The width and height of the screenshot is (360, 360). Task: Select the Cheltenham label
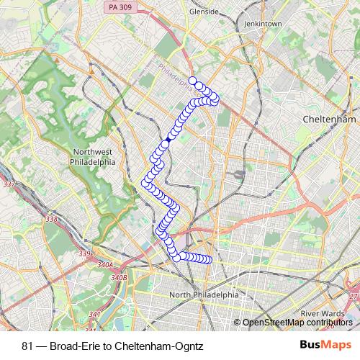[x=330, y=119]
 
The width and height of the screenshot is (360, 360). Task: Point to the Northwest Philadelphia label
[x=95, y=157]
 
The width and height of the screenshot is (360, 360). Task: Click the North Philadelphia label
[x=203, y=295]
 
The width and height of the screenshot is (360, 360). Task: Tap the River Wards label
[x=322, y=313]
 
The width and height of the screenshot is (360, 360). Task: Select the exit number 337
[x=10, y=185]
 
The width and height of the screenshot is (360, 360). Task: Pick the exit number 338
[x=50, y=219]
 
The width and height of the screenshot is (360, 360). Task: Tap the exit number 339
[x=85, y=253]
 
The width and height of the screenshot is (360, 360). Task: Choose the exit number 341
[x=94, y=315]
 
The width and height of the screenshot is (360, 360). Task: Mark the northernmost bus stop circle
[x=192, y=81]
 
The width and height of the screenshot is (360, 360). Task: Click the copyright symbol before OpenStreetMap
[x=238, y=322]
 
